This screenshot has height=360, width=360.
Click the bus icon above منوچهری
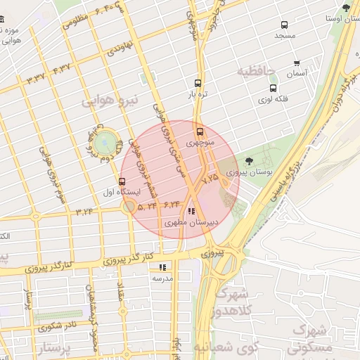tap(200, 131)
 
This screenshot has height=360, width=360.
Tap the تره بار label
tap(198, 94)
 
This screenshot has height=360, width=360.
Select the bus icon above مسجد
tap(283, 24)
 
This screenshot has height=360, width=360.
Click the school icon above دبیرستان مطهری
tap(191, 211)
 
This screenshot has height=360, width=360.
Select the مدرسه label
tap(162, 278)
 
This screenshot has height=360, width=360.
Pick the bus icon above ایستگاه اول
tap(122, 181)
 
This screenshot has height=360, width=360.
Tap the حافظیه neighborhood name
tap(256, 71)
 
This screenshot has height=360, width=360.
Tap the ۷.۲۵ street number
tap(210, 180)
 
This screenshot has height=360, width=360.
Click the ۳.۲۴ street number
tap(85, 211)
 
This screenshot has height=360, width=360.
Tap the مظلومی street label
tap(75, 19)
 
